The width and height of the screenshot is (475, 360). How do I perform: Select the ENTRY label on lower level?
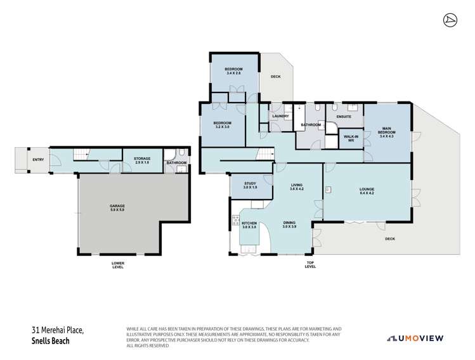[x=38, y=160]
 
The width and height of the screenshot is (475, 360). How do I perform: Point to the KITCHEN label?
[x=249, y=225]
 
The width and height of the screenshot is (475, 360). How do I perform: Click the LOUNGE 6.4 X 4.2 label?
[x=366, y=190]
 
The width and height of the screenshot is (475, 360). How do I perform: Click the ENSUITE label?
[x=344, y=117]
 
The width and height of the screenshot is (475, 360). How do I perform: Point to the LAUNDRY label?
[x=280, y=116]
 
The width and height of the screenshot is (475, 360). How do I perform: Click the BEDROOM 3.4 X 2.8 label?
[x=235, y=71]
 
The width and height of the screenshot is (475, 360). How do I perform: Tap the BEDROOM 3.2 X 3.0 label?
[x=222, y=124]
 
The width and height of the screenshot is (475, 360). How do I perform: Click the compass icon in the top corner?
[x=448, y=20]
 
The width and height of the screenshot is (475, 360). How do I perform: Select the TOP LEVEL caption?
[x=310, y=265]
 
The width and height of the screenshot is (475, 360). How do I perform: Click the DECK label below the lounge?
[x=389, y=239]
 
